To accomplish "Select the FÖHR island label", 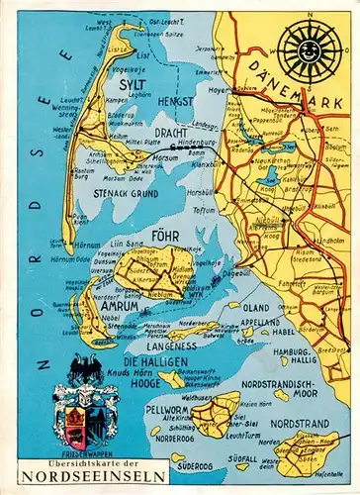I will (164, 239).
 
